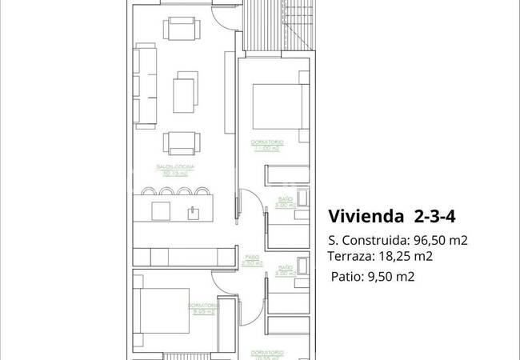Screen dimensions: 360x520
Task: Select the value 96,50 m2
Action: [441, 240]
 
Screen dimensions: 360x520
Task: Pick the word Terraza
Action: [350, 256]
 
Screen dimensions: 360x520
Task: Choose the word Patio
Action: [346, 277]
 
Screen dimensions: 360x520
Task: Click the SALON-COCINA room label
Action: [177, 167]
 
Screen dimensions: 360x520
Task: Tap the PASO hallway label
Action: [252, 258]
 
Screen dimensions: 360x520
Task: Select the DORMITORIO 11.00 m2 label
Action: [264, 144]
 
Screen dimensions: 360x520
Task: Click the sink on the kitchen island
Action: [193, 212]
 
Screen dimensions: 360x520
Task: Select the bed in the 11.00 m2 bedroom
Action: [277, 105]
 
